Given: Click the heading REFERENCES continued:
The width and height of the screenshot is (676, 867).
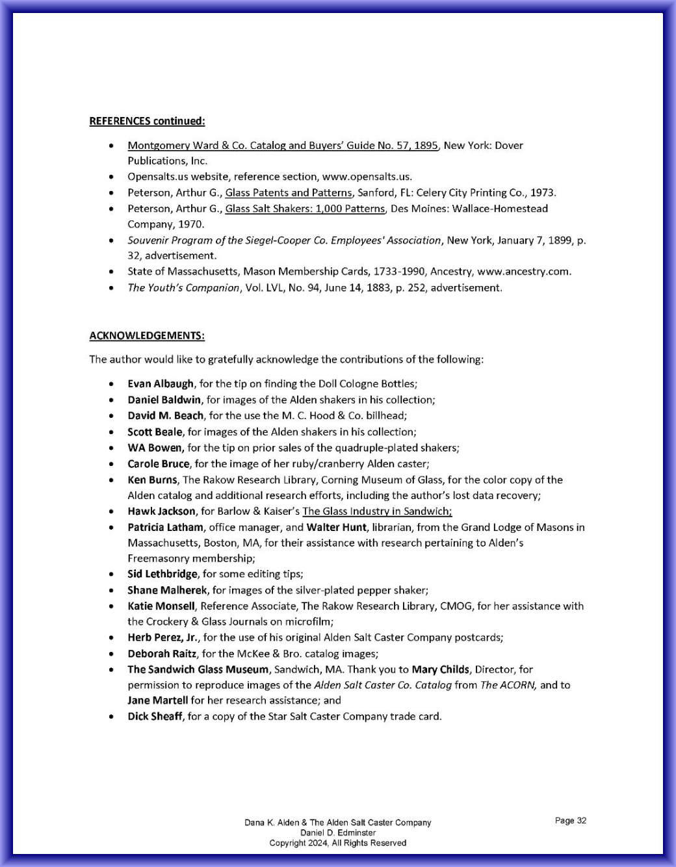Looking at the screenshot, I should click(147, 121).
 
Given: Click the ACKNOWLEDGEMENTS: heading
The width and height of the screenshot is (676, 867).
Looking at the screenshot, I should click(147, 335).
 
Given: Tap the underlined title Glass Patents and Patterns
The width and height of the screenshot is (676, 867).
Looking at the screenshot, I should click(288, 192).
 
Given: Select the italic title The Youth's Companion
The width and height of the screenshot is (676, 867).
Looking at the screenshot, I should click(183, 287).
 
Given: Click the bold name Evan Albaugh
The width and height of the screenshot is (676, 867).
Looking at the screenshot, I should click(161, 383).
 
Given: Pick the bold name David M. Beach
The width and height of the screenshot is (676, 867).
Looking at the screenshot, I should click(165, 415).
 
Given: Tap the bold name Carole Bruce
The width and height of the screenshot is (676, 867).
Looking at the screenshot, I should click(159, 463).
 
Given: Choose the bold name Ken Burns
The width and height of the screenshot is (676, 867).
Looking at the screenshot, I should click(152, 480).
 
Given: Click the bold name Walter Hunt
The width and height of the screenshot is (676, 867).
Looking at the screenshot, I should click(336, 527).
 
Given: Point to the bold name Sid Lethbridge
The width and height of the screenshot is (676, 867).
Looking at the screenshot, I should click(162, 574).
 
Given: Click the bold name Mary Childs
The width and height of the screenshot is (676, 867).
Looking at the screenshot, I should click(440, 669).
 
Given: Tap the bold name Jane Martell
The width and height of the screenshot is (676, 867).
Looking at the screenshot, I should click(157, 700).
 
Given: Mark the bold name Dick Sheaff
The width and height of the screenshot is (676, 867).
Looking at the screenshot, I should click(155, 716).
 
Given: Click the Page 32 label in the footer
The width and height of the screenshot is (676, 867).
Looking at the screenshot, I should click(570, 820).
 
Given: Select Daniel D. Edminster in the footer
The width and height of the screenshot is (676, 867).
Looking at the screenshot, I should click(337, 833).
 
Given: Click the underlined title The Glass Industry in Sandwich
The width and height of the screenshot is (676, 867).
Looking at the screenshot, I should click(376, 511).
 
